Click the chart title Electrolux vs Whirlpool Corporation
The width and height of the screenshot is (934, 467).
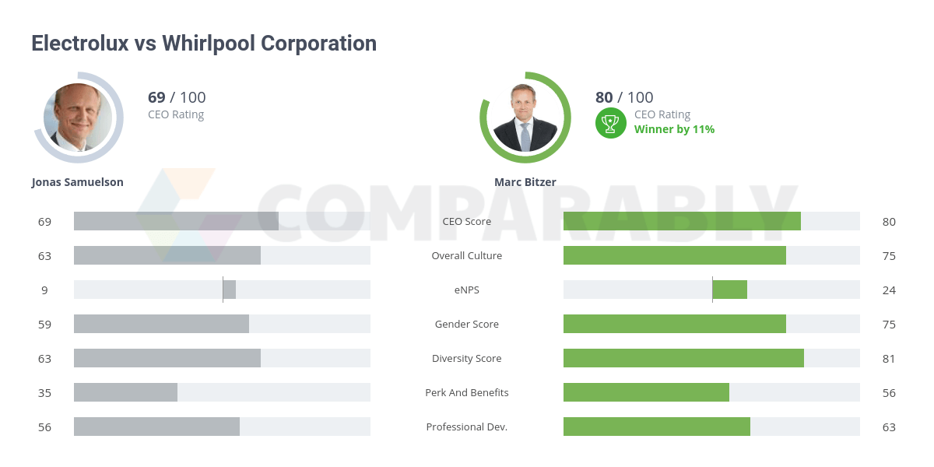[x=204, y=44]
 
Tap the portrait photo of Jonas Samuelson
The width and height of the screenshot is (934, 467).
[x=78, y=117]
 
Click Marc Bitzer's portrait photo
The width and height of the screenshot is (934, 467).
[x=525, y=118]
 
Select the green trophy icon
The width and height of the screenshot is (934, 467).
[x=611, y=122]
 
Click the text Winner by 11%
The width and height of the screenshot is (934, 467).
[x=674, y=129]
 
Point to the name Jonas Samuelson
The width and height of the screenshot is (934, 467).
[x=77, y=182]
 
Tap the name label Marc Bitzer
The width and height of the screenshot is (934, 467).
[x=525, y=182]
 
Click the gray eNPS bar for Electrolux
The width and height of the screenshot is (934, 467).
[x=230, y=290]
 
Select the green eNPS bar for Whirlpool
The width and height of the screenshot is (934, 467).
[x=729, y=290]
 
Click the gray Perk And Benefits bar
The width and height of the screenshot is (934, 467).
[x=125, y=392]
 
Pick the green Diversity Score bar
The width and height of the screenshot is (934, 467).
[x=683, y=358]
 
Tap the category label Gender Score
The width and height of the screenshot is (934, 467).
[x=467, y=324]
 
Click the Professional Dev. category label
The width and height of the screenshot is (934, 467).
[x=467, y=427]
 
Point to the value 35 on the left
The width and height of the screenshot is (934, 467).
[x=44, y=392]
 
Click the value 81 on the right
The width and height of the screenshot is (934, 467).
[x=889, y=358]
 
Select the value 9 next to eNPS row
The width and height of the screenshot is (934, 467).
[x=44, y=290]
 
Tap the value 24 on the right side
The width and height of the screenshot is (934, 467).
[x=889, y=290]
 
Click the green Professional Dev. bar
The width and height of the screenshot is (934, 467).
[x=656, y=427]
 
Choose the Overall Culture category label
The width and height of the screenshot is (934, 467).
[x=467, y=255]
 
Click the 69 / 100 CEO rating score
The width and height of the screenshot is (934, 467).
[x=177, y=97]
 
